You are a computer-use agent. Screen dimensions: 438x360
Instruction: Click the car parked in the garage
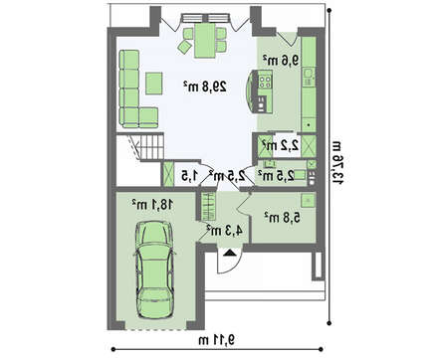point(154,270)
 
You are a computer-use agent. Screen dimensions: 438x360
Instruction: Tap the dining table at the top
point(205,40)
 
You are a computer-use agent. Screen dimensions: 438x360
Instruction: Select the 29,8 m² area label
point(205,87)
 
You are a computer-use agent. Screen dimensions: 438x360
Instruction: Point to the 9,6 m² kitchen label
point(281,60)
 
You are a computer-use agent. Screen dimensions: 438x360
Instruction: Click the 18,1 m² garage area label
point(152,204)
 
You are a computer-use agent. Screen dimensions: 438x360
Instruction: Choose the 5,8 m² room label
point(283,218)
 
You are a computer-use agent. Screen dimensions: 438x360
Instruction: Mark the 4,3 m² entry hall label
point(224,230)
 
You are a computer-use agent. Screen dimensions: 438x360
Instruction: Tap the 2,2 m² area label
point(281,145)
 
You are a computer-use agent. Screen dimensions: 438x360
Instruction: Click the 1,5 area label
point(189,176)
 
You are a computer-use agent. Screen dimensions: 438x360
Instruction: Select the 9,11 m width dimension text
point(217,340)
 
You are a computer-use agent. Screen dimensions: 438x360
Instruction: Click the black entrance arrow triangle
point(229,254)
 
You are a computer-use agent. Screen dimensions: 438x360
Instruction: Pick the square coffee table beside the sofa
point(154,84)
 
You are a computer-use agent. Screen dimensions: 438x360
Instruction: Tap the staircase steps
point(151,147)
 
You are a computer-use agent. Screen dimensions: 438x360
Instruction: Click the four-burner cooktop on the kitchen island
point(265,82)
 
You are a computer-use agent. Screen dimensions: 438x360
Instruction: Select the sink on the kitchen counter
point(309,73)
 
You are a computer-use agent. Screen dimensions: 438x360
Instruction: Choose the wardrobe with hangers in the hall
point(208,206)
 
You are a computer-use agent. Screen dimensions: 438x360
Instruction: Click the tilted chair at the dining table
point(185,47)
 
